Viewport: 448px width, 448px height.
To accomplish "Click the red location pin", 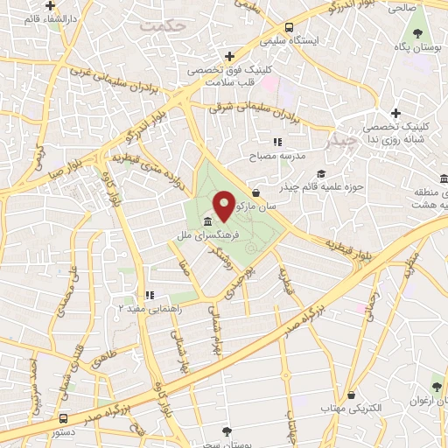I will [224, 206].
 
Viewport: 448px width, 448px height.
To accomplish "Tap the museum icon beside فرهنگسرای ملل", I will [207, 221].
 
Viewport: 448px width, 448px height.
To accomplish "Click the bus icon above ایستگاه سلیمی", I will [290, 27].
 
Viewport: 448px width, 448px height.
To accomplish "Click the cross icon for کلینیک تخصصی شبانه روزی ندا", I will [396, 113].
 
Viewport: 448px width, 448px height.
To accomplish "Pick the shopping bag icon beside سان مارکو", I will [255, 192].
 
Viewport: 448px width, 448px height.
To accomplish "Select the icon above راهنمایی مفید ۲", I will [150, 295].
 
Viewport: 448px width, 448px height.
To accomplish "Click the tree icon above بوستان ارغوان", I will [436, 386].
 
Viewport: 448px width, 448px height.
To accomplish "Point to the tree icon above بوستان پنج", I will [227, 431].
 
